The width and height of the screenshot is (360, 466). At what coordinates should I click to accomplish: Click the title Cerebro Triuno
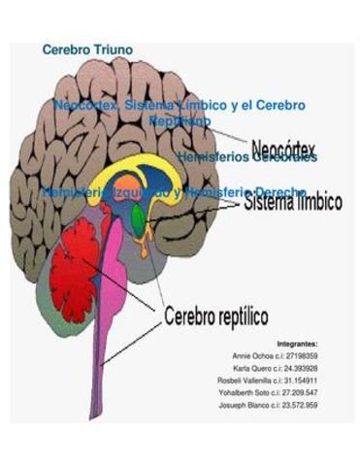coord(88,49)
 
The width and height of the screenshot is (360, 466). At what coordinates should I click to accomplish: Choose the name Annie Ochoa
coord(254,356)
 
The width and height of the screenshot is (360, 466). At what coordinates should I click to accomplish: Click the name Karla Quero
coord(254,369)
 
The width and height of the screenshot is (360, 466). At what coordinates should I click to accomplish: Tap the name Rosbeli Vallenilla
coord(250,381)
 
